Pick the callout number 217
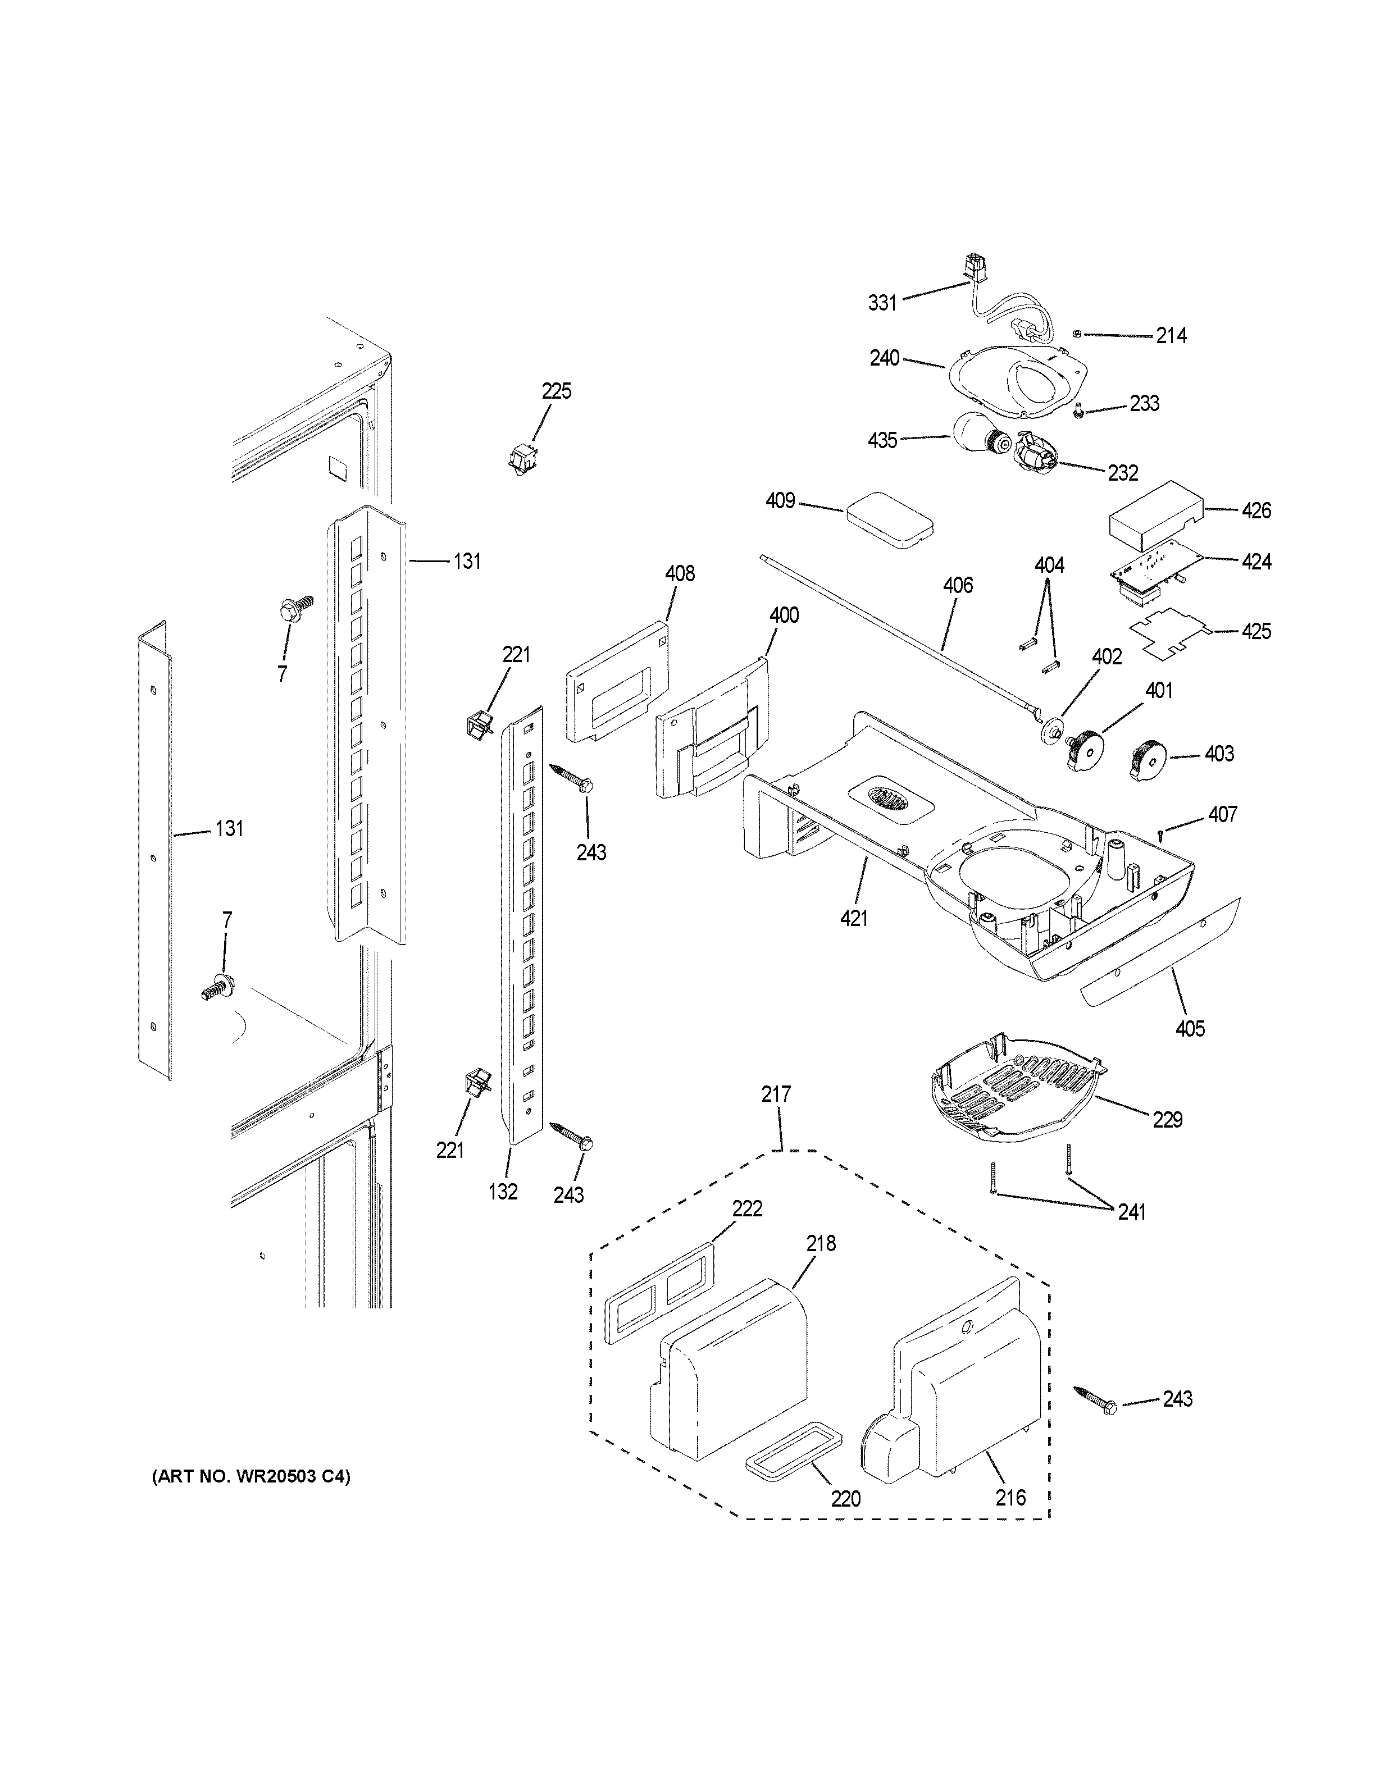coord(776,1094)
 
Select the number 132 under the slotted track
coord(503,1191)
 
